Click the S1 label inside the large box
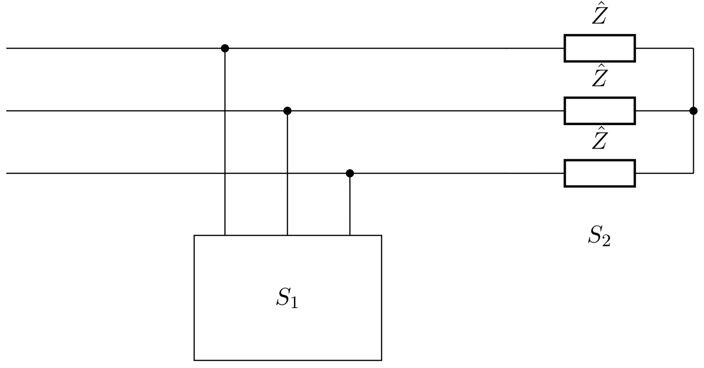tap(287, 297)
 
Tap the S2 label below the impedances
tap(599, 236)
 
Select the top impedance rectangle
tap(599, 48)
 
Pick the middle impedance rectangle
tap(599, 111)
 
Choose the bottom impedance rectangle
tap(599, 173)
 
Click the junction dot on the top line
tap(225, 48)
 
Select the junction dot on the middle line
tap(287, 111)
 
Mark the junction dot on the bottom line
tap(350, 173)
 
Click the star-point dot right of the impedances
tap(693, 111)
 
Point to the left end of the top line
tap(7, 48)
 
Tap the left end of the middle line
tap(7, 111)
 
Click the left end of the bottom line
tap(7, 173)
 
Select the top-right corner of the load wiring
tap(693, 48)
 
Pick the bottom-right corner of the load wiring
tap(693, 173)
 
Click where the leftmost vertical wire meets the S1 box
tap(225, 235)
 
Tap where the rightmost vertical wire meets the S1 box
tap(350, 235)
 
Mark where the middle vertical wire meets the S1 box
tap(287, 235)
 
